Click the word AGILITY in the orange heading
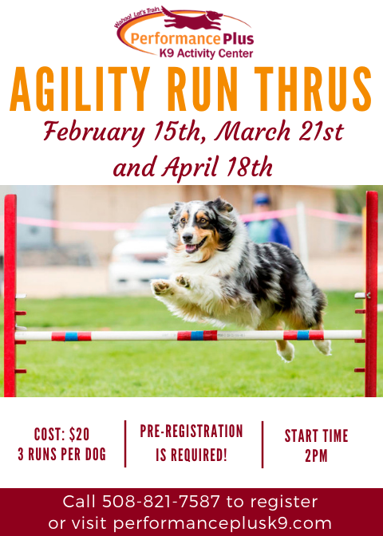point(80,89)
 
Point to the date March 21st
point(278,132)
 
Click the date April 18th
point(217,168)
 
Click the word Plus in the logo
point(238,39)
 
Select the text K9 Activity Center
point(206,53)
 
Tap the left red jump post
point(10,295)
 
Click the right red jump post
point(371,294)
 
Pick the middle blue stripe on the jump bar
point(197,335)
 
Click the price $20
point(79,435)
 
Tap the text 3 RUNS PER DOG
point(62,455)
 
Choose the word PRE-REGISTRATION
point(191,431)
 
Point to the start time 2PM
point(316,455)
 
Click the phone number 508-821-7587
point(161,502)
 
